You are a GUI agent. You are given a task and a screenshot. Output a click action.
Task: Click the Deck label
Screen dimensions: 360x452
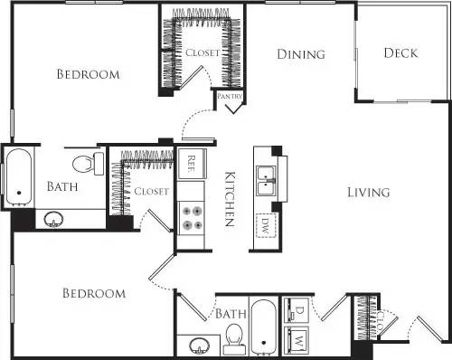click(x=400, y=52)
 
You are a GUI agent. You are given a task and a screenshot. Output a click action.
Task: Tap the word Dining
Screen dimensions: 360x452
click(x=300, y=54)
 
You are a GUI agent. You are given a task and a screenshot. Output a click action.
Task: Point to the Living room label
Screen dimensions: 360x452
click(x=368, y=192)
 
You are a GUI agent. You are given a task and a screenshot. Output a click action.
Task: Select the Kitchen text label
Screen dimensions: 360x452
click(x=230, y=198)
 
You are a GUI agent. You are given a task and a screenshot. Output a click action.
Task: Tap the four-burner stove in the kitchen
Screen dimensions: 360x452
click(x=192, y=218)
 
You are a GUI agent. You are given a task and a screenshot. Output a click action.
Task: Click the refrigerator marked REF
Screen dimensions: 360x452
click(x=192, y=164)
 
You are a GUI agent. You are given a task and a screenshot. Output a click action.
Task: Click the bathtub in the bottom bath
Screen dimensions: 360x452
click(x=263, y=327)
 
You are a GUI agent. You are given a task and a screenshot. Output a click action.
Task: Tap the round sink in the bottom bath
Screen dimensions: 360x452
click(x=198, y=346)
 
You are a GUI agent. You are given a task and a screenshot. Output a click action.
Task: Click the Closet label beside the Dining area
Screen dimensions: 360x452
click(x=202, y=53)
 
